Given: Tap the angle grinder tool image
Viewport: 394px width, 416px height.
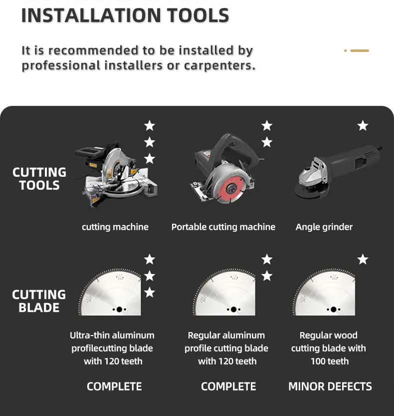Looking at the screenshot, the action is click(x=338, y=172).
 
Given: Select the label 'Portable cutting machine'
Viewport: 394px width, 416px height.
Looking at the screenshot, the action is click(x=223, y=227).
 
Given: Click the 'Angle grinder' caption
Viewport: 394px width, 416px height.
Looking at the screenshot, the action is click(x=324, y=227).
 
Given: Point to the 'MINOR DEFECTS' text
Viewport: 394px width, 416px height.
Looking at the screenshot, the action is click(x=330, y=387).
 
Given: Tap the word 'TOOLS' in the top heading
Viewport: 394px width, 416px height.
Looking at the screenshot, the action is click(x=198, y=15).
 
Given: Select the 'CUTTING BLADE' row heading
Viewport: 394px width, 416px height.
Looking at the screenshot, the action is click(x=39, y=301).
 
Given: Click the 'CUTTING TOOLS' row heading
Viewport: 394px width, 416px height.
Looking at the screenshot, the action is click(x=39, y=179).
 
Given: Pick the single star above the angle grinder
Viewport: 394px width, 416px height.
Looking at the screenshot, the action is click(x=363, y=125).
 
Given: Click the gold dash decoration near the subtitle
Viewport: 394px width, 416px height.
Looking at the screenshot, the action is click(x=360, y=50).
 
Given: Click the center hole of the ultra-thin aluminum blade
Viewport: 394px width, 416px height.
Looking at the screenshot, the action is click(x=119, y=309).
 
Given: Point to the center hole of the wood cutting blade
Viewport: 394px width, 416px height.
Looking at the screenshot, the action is click(x=334, y=309).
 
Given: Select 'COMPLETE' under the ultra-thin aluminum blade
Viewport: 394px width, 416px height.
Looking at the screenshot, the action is click(x=114, y=387).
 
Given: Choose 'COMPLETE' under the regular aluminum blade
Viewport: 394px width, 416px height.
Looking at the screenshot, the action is click(x=228, y=387).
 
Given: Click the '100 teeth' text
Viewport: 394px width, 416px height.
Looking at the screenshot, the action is click(x=330, y=361).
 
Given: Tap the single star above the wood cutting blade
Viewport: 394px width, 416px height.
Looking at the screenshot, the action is click(x=363, y=259).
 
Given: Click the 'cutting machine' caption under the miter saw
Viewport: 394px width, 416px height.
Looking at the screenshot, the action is click(x=115, y=227).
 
